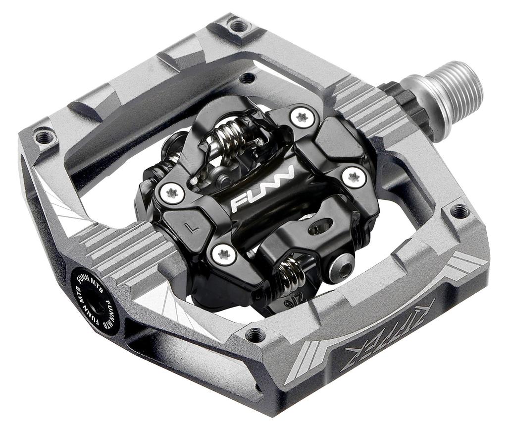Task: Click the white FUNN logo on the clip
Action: pyautogui.click(x=262, y=188)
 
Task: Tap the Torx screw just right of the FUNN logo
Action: pyautogui.click(x=355, y=177)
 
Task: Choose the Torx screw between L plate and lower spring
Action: pyautogui.click(x=223, y=253)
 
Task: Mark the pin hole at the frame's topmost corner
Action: pyautogui.click(x=239, y=25)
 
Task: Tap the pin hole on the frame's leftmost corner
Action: pyautogui.click(x=44, y=135)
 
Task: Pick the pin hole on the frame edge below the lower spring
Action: pyautogui.click(x=256, y=335)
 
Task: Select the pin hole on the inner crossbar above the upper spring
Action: pyautogui.click(x=247, y=78)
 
